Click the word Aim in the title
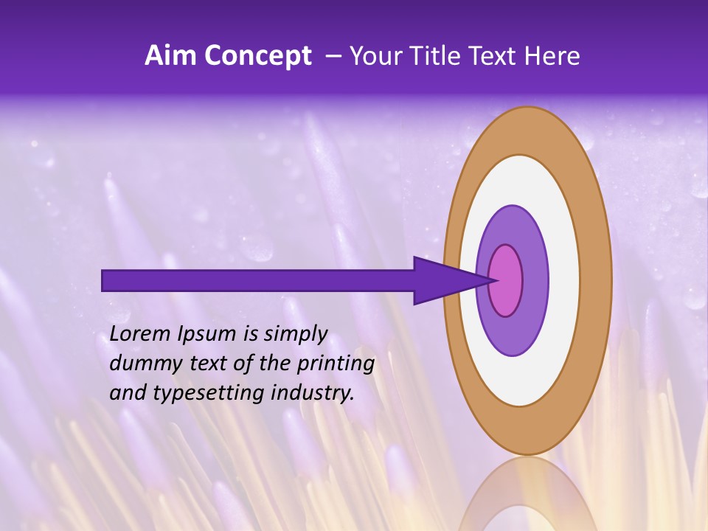(x=170, y=56)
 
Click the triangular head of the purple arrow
(x=442, y=280)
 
